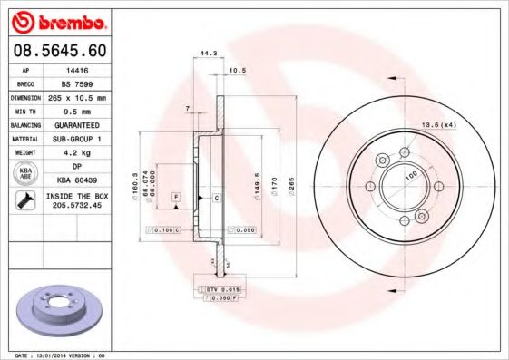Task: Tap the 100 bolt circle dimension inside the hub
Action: (410, 174)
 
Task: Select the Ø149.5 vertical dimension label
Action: (259, 185)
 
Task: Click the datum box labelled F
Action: (175, 197)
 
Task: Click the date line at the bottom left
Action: (62, 355)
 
